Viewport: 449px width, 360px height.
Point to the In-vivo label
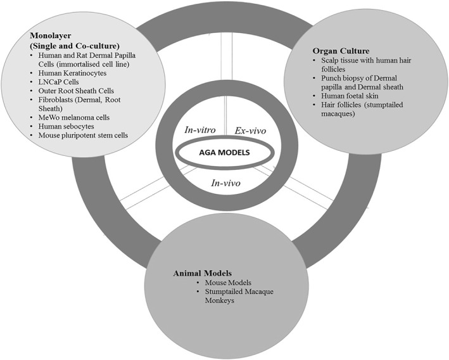tap(226, 184)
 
